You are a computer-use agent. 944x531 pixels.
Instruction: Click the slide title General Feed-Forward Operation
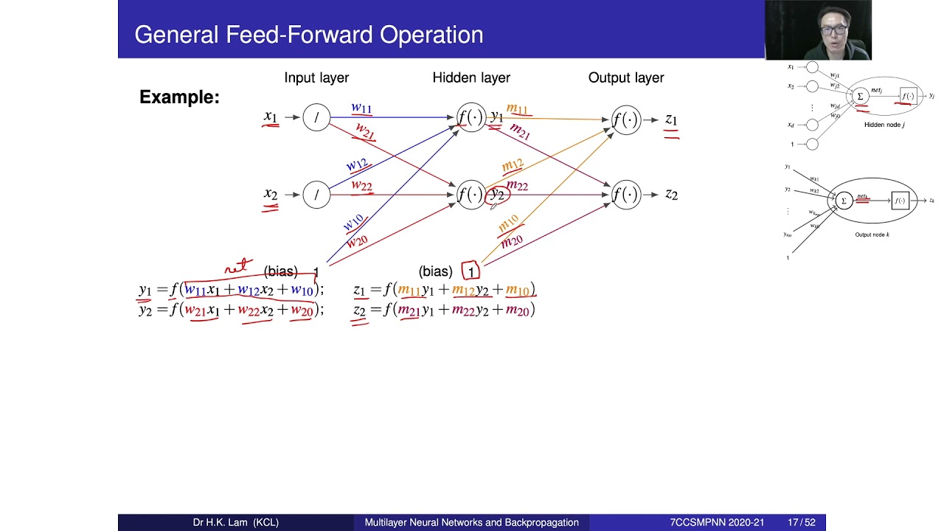coord(308,35)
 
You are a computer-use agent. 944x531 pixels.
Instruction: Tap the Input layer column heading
coord(316,77)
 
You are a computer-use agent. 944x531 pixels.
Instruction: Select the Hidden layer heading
coord(471,77)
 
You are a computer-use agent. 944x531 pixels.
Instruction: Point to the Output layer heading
coord(625,77)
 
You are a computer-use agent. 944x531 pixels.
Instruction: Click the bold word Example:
coord(179,97)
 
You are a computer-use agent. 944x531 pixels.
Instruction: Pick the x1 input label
coord(271,117)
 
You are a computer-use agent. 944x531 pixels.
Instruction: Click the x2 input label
coord(271,194)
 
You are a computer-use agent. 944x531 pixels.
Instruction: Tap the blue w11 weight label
coord(361,108)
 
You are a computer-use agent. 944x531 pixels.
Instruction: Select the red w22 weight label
coord(361,185)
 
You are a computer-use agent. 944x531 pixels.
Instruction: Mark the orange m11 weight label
coord(517,109)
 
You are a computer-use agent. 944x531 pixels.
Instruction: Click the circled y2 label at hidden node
coord(498,194)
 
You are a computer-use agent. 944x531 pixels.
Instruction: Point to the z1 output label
coord(670,119)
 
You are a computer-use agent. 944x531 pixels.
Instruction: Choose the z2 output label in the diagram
coord(670,194)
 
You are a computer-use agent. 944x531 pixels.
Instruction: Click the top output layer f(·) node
coord(625,119)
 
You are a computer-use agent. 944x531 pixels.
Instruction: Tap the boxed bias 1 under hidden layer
coord(471,272)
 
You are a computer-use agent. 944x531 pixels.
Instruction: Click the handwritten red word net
coord(238,266)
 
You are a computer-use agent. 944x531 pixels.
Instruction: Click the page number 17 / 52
coord(801,522)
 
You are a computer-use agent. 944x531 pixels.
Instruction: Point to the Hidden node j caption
coord(884,125)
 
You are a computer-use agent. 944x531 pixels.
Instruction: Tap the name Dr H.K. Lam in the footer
coord(235,522)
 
